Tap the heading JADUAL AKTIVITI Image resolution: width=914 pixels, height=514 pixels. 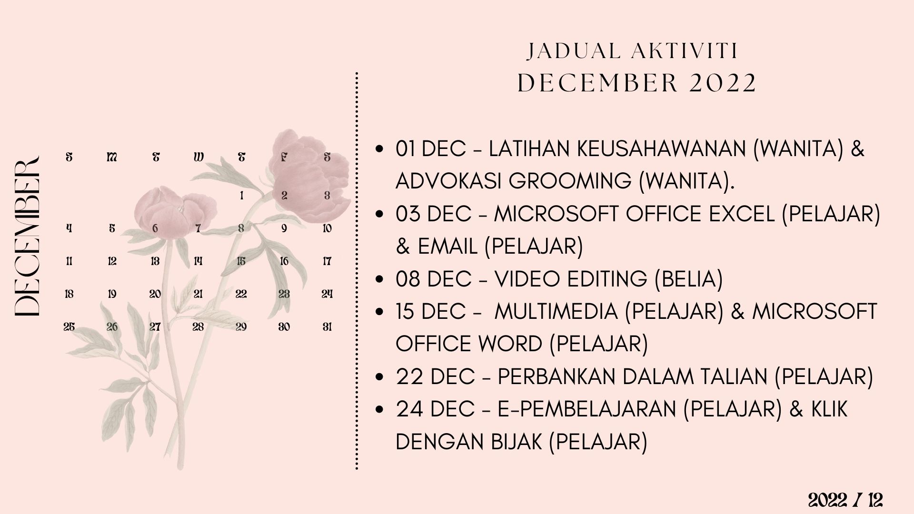coord(633,51)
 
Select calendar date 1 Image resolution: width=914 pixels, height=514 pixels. coord(241,195)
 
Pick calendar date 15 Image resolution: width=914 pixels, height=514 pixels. coord(241,261)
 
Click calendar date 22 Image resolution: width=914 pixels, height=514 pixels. coord(241,294)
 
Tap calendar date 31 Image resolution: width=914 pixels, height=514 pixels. coord(327,327)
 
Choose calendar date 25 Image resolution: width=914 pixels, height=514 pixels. coord(69,327)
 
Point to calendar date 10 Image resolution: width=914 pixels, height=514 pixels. coord(327,228)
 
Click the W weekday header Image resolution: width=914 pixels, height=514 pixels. coord(199,157)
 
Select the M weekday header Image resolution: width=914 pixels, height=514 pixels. coord(112,157)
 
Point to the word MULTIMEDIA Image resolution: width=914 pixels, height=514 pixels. coord(556,311)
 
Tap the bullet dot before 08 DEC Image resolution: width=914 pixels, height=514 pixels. coord(379,279)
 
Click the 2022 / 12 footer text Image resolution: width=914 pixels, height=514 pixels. coord(845,500)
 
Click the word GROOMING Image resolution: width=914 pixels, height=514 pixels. coord(570,181)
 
